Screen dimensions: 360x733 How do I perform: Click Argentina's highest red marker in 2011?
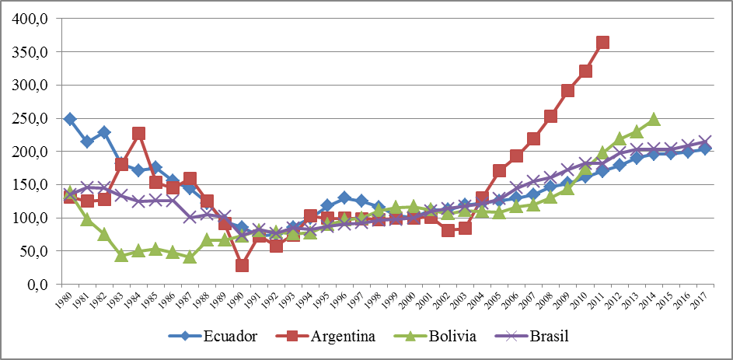[x=602, y=43]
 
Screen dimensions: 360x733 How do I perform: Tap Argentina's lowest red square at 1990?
[x=242, y=265]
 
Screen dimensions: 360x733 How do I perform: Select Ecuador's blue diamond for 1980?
[x=70, y=119]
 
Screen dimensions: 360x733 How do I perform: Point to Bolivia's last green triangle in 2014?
[x=654, y=119]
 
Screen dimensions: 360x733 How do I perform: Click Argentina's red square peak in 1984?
[x=138, y=134]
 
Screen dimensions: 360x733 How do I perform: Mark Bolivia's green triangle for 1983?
[x=121, y=255]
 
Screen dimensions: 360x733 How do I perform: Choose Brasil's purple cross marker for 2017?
[x=705, y=142]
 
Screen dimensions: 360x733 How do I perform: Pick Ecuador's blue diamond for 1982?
[x=104, y=132]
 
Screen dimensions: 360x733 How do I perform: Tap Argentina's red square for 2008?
[x=551, y=117]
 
